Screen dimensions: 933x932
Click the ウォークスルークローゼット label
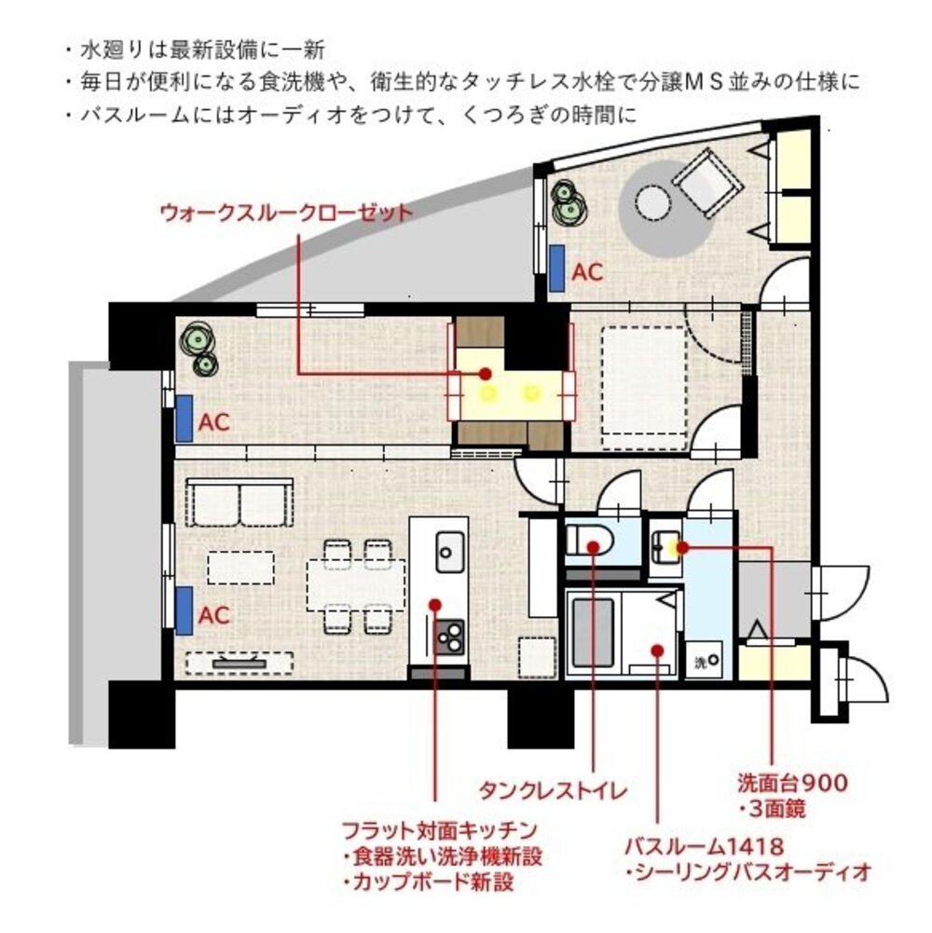coord(285,213)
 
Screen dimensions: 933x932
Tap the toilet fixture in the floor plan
coord(586,539)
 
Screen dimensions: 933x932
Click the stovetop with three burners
coord(449,638)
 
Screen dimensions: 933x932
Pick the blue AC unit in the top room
coord(557,269)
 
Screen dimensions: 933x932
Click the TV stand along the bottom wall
coord(240,663)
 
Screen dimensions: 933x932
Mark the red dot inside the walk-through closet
coord(485,374)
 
